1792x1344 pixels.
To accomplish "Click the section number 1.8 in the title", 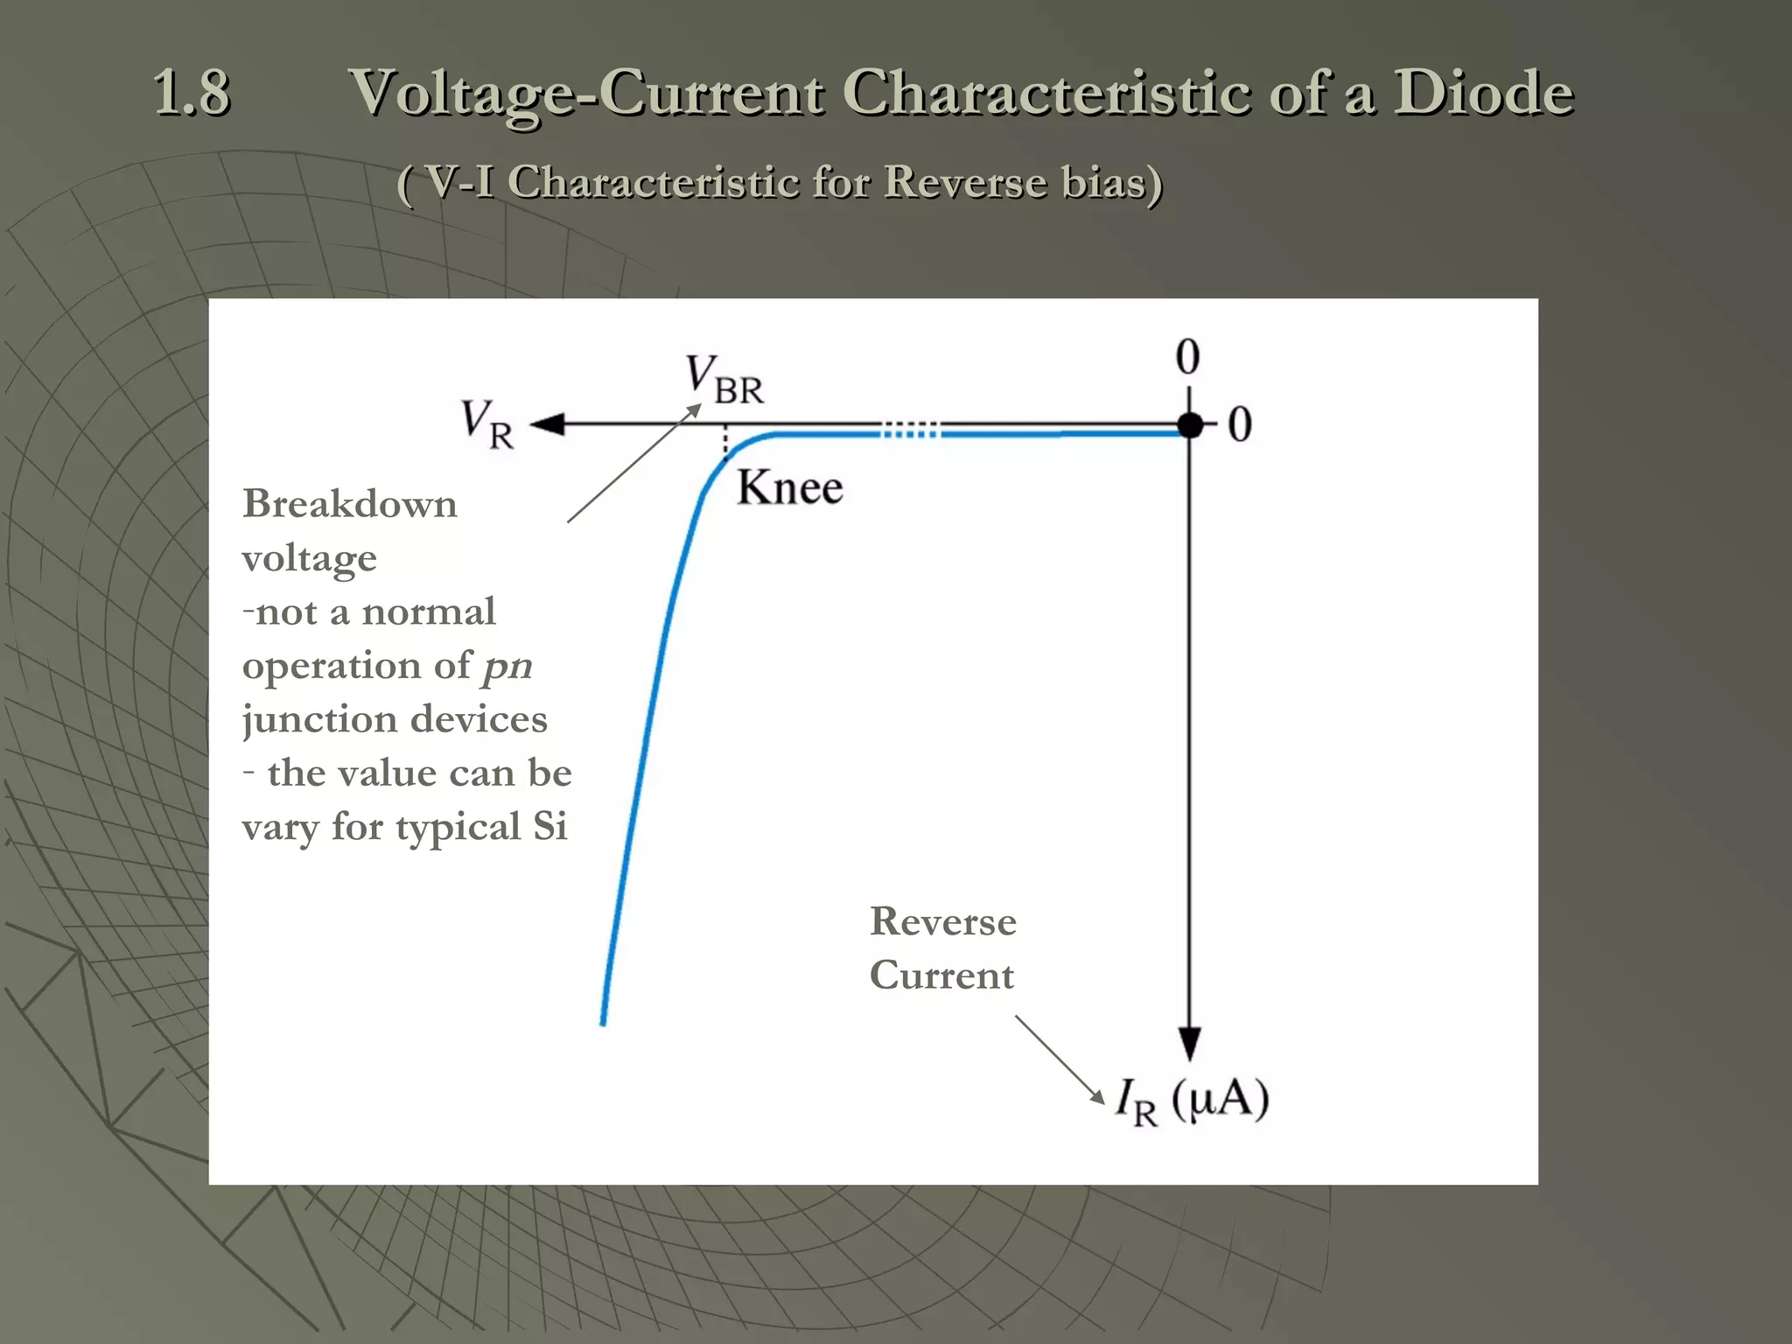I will (x=192, y=93).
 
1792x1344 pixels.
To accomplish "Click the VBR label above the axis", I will (x=724, y=380).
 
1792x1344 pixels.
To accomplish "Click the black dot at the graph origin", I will (x=1189, y=426).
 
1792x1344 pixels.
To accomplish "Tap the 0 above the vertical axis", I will (x=1187, y=357).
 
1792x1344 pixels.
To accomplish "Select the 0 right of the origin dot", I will (x=1240, y=425).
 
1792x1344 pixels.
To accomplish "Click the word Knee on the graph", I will (x=789, y=488).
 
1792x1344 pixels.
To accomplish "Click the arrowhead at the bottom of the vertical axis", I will (x=1188, y=1044).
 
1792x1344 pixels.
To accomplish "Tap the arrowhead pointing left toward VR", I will (x=548, y=425).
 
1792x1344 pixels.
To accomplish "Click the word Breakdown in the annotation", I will (x=349, y=504).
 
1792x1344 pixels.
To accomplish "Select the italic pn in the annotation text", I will (x=507, y=666).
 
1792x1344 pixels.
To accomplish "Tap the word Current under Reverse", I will (x=941, y=976).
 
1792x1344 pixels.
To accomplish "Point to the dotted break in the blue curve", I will (x=910, y=430).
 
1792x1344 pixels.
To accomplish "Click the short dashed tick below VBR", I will (x=724, y=443).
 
